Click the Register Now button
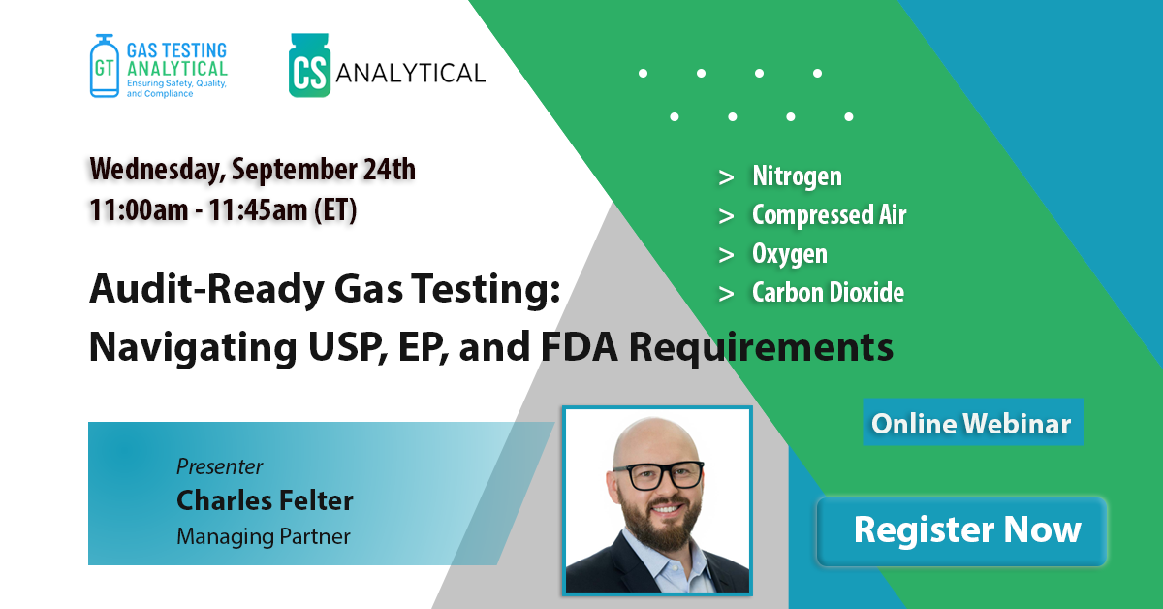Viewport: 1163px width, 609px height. click(x=961, y=531)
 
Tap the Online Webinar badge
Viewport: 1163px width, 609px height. click(x=973, y=423)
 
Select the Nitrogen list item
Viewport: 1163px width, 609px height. click(x=797, y=176)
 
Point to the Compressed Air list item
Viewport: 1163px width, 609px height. click(x=830, y=214)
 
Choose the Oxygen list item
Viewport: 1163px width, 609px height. click(x=790, y=253)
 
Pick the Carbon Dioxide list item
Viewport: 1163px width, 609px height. click(x=828, y=292)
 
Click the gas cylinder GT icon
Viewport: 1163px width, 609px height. click(x=105, y=66)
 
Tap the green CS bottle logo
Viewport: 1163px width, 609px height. click(x=309, y=66)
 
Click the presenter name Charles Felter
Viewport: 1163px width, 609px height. click(x=265, y=500)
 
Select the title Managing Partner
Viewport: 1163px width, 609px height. click(x=264, y=536)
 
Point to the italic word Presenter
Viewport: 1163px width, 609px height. click(x=219, y=466)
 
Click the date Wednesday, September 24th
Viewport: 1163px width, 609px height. click(x=252, y=169)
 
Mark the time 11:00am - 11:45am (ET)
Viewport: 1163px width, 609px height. click(x=223, y=209)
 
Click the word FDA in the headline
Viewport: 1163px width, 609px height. click(x=579, y=346)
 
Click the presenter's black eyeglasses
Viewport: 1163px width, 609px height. click(x=658, y=475)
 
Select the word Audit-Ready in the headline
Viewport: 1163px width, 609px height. click(x=206, y=289)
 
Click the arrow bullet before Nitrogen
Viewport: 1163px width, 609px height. click(x=726, y=177)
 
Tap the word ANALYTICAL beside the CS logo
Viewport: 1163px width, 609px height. click(x=411, y=73)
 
